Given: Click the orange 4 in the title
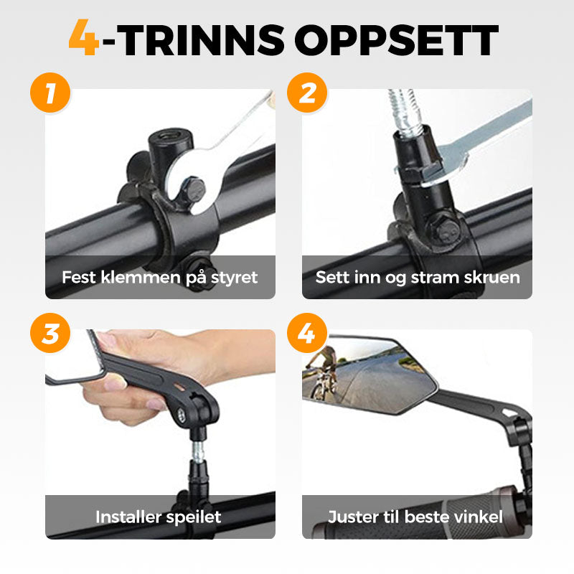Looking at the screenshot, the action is tap(84, 37).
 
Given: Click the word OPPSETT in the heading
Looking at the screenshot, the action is tap(397, 40).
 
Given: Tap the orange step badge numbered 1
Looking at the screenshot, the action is tap(50, 93).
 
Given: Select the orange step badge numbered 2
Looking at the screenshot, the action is tap(307, 93).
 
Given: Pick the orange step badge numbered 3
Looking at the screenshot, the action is tap(50, 333).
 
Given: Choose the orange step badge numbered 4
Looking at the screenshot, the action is tap(307, 333).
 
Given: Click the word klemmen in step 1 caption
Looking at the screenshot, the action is tap(141, 277).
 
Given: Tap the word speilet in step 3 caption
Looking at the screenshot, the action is tap(193, 517).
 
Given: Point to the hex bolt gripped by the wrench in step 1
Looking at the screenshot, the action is tap(192, 189).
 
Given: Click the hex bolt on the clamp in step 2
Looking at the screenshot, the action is tap(444, 229).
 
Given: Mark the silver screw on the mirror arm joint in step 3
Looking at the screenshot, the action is tap(182, 415).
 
